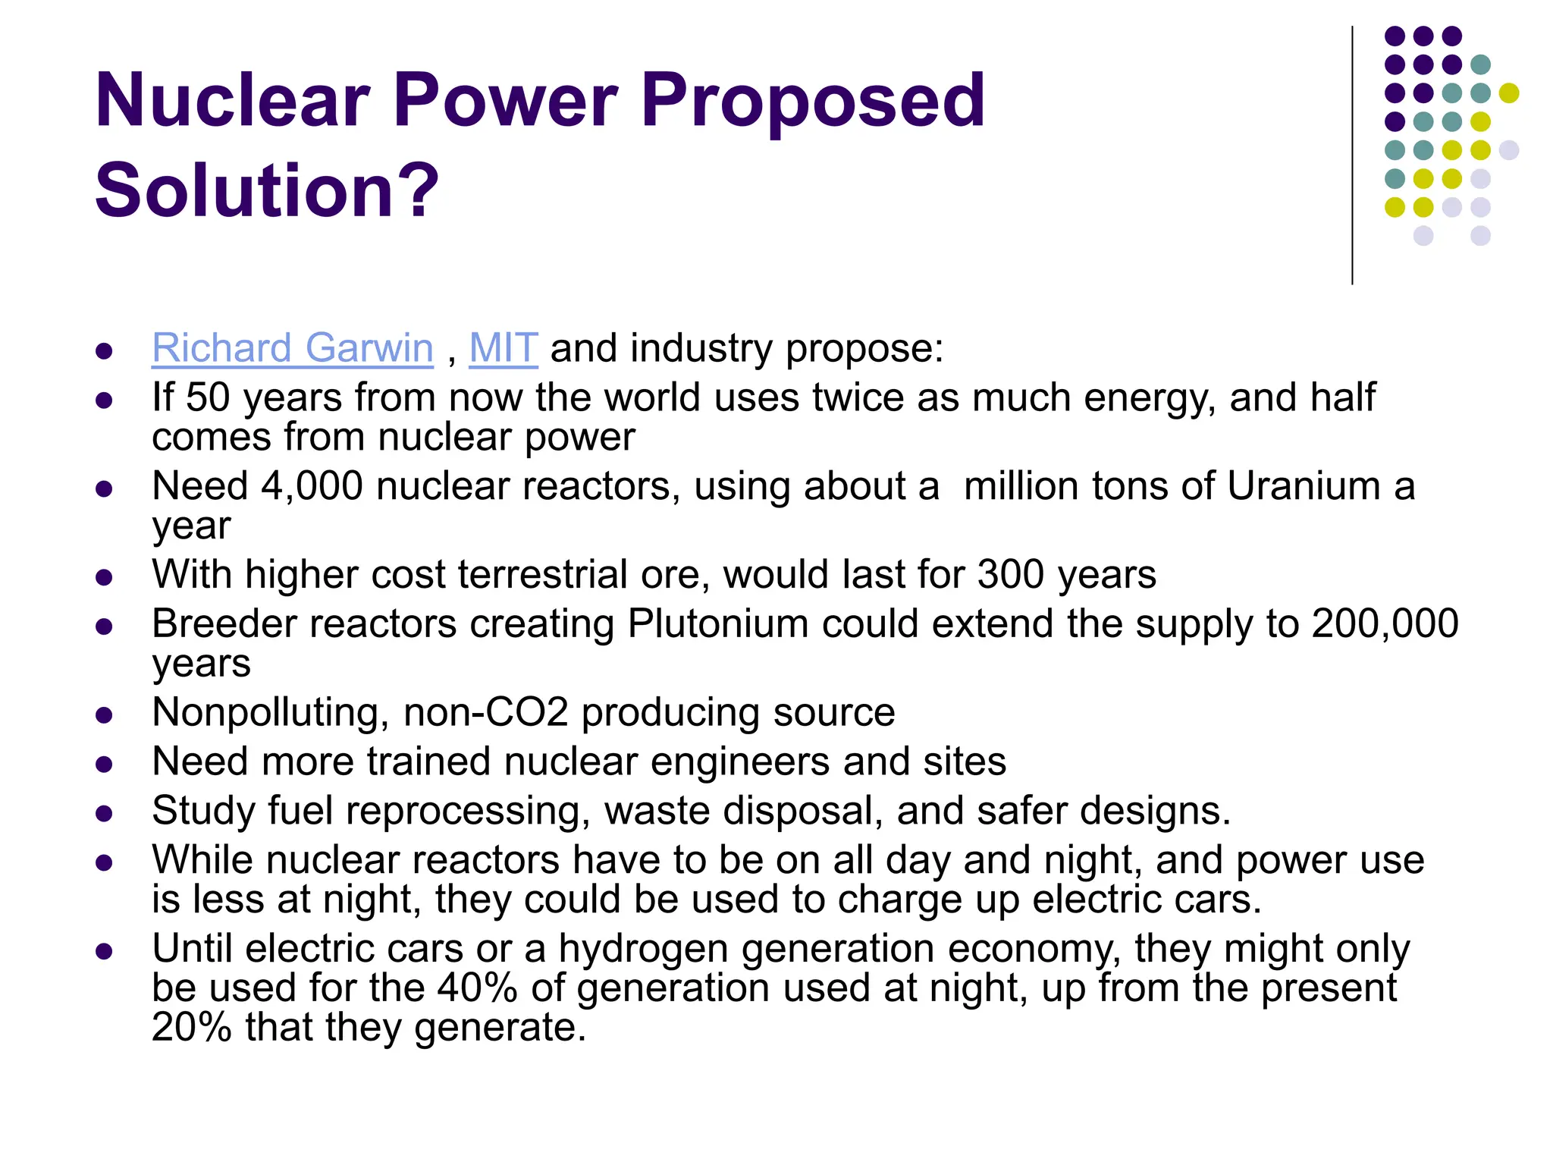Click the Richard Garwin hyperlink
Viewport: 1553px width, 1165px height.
(x=292, y=349)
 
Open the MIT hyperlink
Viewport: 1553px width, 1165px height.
(x=504, y=349)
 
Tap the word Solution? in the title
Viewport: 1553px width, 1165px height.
(x=267, y=190)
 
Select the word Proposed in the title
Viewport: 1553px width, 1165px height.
(x=812, y=100)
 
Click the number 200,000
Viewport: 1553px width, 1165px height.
(x=1385, y=623)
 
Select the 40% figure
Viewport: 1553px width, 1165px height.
(x=477, y=988)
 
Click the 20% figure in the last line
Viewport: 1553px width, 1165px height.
(x=191, y=1028)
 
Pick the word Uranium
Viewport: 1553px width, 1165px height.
(x=1304, y=486)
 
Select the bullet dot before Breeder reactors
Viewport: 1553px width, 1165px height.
(x=105, y=627)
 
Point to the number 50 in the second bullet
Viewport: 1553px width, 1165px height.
(x=208, y=397)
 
